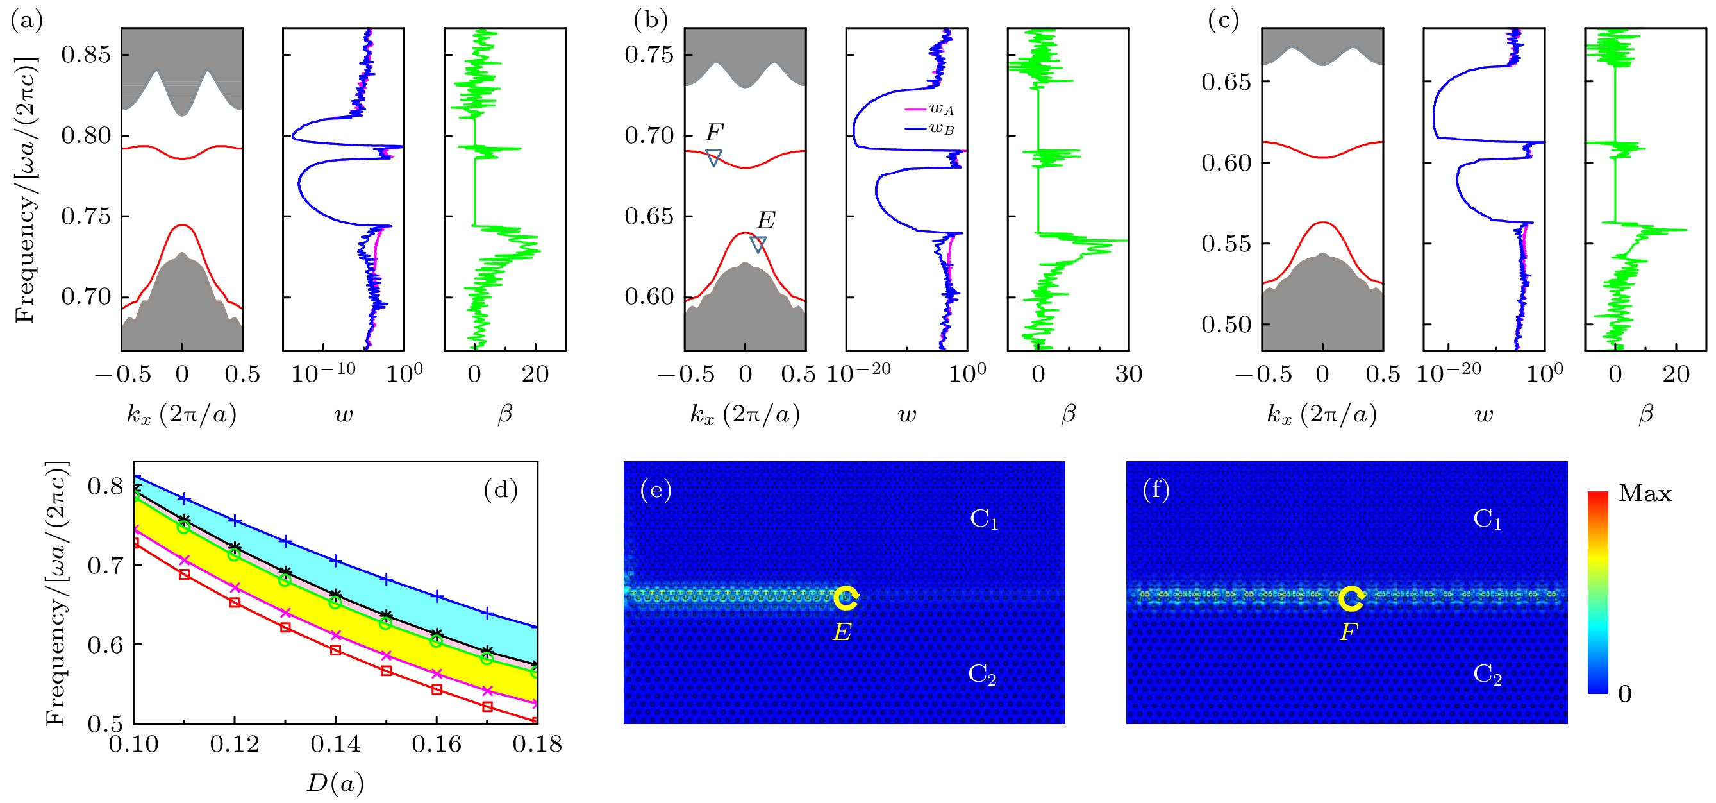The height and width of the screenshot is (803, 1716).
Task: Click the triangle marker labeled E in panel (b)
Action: point(758,244)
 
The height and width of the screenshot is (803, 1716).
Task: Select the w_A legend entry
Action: point(929,109)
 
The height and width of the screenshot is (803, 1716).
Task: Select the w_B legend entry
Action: point(929,129)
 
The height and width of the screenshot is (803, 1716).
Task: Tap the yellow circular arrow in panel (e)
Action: point(846,598)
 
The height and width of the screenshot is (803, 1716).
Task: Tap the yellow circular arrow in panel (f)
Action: point(1351,598)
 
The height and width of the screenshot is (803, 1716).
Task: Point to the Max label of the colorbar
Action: point(1645,494)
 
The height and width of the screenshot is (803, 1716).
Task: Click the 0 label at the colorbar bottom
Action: point(1625,695)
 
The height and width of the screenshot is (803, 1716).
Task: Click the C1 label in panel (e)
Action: point(984,519)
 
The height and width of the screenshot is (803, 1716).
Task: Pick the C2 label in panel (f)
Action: point(1488,674)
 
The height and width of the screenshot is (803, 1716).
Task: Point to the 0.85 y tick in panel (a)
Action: point(86,55)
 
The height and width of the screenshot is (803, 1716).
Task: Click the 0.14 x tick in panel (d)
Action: point(335,744)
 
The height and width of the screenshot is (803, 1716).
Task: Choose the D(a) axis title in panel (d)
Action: point(335,783)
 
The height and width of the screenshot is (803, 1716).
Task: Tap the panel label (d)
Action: point(500,491)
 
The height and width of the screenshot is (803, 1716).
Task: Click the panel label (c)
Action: point(1223,21)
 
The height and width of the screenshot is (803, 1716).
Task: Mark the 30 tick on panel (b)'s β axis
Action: point(1128,375)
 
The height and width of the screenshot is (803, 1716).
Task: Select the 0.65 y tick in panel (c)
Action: point(1226,82)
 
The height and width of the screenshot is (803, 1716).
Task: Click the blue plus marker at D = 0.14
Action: point(336,561)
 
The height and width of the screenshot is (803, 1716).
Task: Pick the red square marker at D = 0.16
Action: point(437,689)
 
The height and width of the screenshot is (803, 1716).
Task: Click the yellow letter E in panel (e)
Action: point(842,632)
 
